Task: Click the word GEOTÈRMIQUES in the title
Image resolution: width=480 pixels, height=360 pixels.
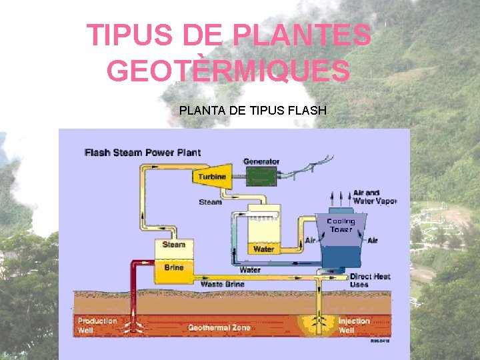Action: (228, 71)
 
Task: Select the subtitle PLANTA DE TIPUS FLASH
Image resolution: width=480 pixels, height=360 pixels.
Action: (253, 110)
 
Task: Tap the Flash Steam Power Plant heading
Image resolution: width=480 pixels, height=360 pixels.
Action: (143, 153)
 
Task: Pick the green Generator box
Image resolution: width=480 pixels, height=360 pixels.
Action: (264, 177)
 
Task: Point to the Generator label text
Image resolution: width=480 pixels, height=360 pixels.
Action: (261, 161)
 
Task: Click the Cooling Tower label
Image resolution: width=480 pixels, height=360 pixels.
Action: (341, 225)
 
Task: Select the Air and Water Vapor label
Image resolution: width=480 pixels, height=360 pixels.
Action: (375, 197)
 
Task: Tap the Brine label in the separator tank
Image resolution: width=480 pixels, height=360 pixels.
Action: (174, 267)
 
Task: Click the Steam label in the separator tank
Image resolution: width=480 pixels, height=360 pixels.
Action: (174, 245)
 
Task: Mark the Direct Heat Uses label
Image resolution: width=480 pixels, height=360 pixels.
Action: (370, 280)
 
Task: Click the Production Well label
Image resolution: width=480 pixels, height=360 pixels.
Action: (97, 325)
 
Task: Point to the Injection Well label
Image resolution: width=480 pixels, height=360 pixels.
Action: (353, 325)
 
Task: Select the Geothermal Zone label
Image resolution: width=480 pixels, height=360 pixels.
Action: (219, 327)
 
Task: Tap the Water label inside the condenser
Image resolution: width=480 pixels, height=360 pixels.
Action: (263, 249)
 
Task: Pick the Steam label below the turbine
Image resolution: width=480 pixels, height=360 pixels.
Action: (211, 201)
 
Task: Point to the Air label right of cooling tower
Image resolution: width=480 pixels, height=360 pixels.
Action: (372, 241)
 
